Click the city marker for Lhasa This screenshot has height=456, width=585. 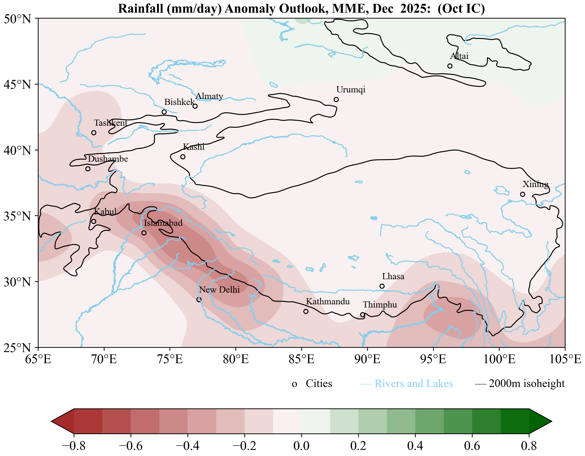[382, 286]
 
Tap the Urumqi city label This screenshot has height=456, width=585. [351, 89]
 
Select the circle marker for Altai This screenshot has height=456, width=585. [450, 66]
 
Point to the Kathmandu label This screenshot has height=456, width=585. [328, 302]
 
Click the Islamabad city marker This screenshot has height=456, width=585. [144, 233]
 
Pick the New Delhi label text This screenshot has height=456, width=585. [219, 290]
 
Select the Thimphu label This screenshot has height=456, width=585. [380, 305]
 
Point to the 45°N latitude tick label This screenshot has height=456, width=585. [17, 84]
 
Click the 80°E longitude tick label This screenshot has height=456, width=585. [236, 359]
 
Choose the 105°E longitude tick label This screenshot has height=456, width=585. [565, 359]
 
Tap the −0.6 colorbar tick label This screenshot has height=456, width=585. [131, 446]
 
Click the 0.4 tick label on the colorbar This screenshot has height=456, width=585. [415, 446]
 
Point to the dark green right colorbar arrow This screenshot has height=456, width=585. [540, 421]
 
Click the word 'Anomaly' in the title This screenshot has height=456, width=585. [250, 9]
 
